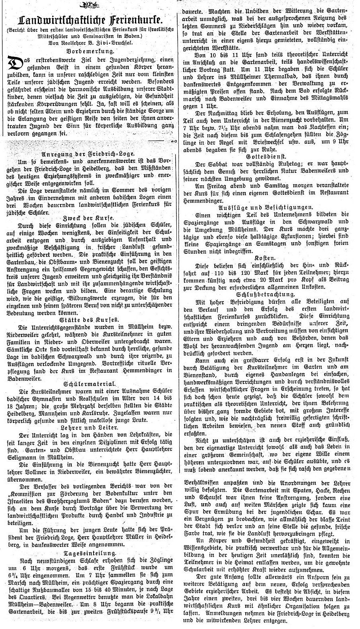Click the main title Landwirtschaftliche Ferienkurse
90,20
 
